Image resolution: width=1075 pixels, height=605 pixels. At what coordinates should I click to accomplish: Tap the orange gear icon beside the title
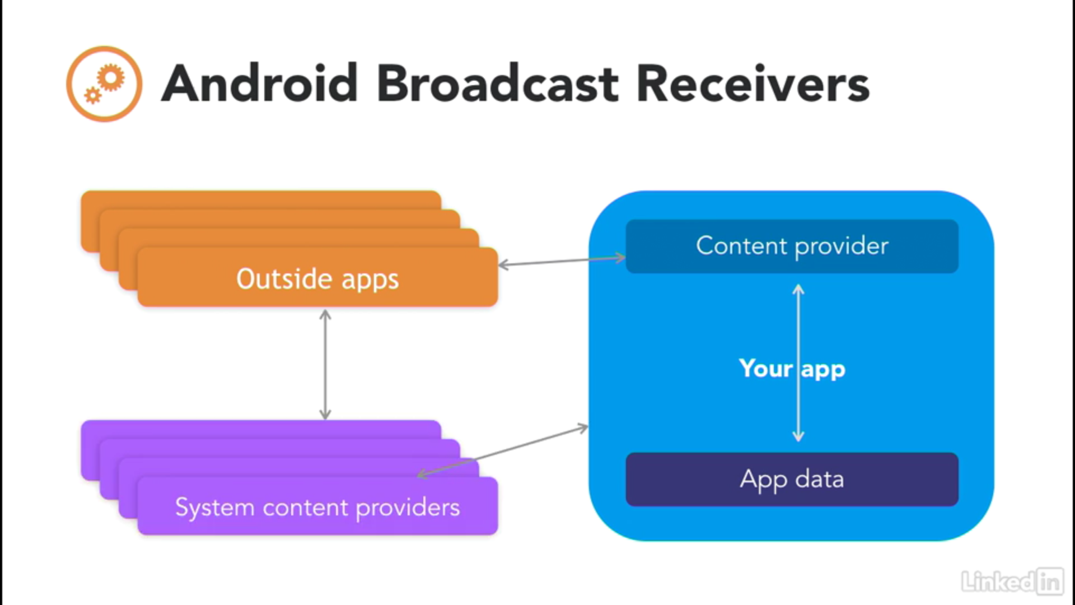(104, 84)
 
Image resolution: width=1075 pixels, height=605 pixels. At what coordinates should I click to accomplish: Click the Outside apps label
(317, 279)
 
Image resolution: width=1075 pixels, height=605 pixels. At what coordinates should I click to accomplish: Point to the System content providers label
(317, 508)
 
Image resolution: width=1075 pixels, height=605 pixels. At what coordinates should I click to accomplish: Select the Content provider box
(792, 246)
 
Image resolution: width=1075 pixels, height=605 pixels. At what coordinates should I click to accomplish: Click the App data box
(792, 480)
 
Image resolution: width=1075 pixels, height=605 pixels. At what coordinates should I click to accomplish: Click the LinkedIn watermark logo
(1012, 581)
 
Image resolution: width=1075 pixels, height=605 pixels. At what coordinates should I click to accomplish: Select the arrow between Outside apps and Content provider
(562, 261)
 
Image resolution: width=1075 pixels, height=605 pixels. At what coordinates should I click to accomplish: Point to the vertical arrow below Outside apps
(325, 365)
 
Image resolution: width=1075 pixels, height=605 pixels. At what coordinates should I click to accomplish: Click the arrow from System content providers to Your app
(503, 452)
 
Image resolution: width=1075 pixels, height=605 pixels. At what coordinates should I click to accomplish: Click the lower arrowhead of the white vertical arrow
(798, 436)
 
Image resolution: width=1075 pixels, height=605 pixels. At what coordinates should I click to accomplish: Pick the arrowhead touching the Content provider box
(619, 258)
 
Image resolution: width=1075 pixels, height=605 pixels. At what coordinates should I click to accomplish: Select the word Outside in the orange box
(284, 278)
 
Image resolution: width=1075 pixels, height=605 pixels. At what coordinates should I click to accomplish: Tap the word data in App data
(820, 479)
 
